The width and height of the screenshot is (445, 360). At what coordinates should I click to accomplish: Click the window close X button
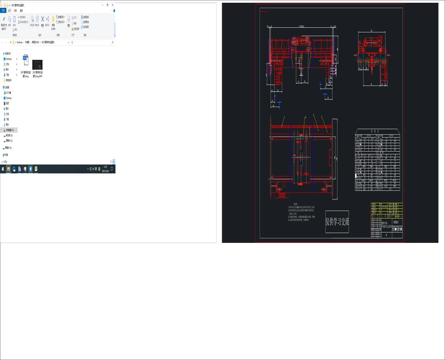pos(113,5)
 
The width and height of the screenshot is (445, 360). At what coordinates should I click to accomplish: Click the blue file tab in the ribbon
pos(3,11)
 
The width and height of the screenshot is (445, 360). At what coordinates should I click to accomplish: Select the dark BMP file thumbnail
pos(37,65)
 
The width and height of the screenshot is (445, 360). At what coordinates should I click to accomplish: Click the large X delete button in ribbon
pos(42,20)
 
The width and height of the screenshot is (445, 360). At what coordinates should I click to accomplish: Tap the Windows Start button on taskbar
pos(3,169)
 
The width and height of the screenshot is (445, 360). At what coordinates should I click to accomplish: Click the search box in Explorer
pos(94,42)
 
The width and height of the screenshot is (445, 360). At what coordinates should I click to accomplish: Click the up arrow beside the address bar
pos(10,42)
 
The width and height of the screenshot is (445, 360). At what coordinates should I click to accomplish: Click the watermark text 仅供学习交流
pos(337,222)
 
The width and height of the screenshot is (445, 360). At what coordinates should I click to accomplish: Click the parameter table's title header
pos(377,131)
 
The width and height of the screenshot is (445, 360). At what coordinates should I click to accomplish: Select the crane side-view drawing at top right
pos(372,60)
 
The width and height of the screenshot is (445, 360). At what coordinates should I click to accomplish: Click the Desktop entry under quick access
pos(8,59)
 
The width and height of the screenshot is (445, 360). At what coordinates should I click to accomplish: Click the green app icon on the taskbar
pos(36,169)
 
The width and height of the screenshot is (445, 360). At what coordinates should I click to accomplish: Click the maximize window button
pos(107,5)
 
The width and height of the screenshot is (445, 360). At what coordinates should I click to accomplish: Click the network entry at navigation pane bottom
pos(6,155)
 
